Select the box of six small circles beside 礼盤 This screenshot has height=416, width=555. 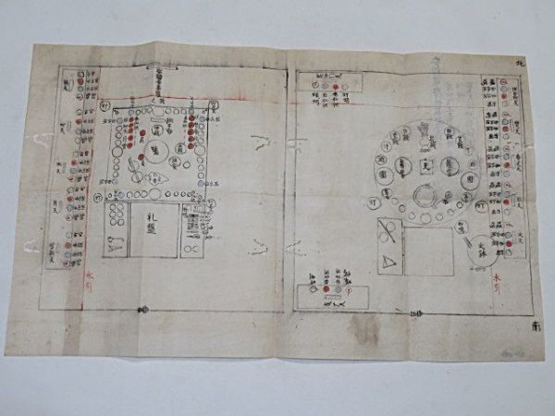tap(117, 216)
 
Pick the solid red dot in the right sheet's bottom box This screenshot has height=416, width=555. tap(327, 288)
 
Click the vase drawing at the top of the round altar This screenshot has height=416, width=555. tap(425, 129)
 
